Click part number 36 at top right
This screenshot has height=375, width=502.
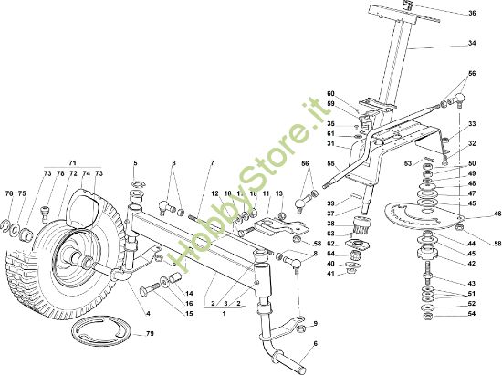click(x=472, y=13)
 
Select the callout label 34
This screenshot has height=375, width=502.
click(x=472, y=43)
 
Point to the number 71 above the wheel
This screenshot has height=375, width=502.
click(x=72, y=163)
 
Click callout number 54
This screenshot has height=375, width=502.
click(x=472, y=314)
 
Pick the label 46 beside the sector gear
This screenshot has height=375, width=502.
click(x=497, y=214)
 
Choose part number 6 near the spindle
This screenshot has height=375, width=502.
click(x=316, y=344)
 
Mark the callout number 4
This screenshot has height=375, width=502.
click(x=148, y=314)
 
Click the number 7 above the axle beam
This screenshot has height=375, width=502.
click(x=212, y=163)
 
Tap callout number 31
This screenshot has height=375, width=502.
click(x=330, y=143)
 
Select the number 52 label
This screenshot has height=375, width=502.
click(x=472, y=304)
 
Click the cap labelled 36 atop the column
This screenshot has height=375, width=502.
click(x=408, y=5)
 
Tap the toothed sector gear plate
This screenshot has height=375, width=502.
click(x=424, y=217)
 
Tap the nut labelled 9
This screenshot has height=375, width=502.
click(x=300, y=328)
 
